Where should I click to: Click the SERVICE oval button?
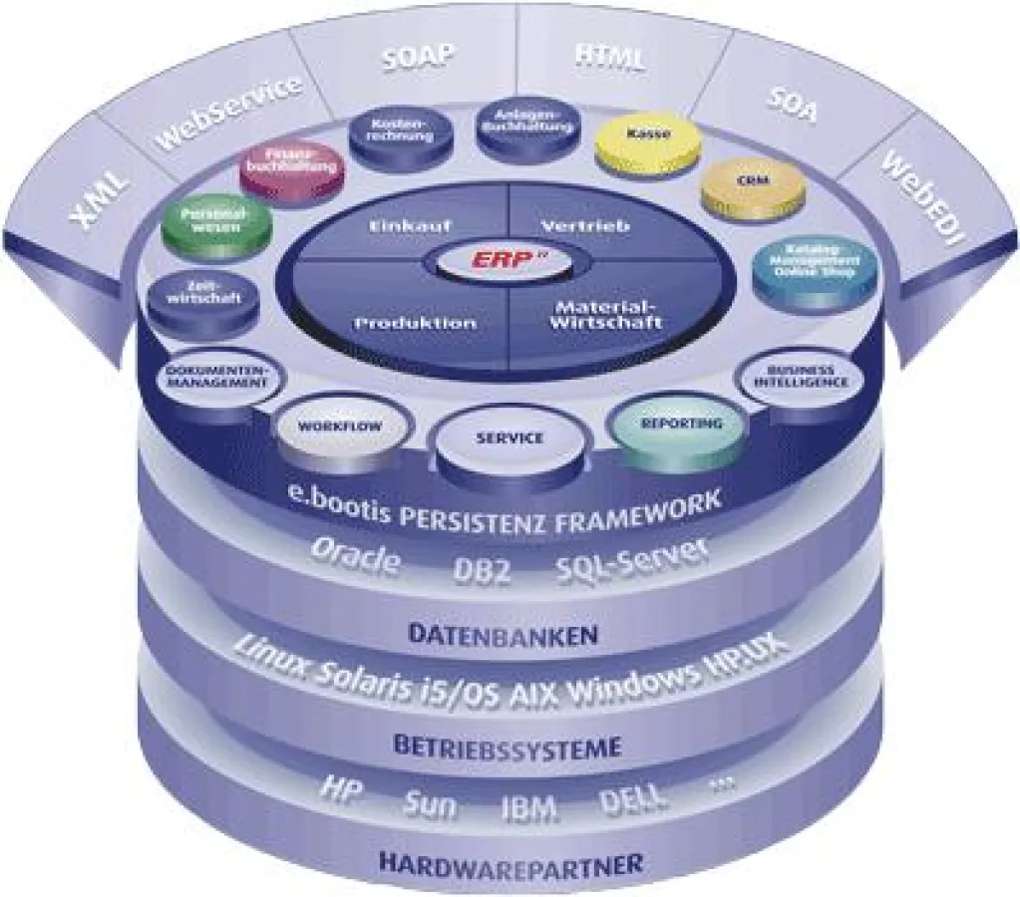click(x=510, y=439)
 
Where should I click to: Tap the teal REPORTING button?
click(x=681, y=424)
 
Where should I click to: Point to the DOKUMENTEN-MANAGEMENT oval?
click(x=213, y=377)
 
